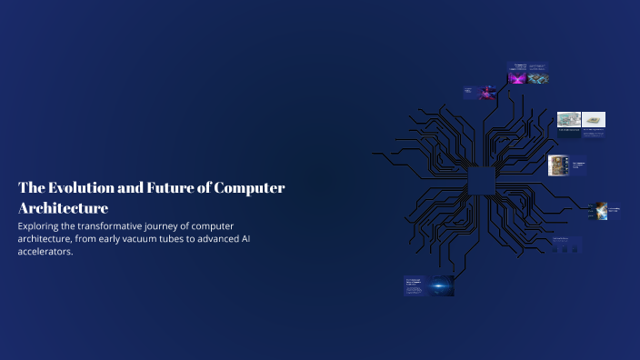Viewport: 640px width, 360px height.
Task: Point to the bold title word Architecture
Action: coord(63,209)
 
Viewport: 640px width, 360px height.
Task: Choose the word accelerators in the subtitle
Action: coord(45,252)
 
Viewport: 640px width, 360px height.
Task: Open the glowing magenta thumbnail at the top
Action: coord(517,78)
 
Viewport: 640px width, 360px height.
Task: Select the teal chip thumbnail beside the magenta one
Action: coord(539,78)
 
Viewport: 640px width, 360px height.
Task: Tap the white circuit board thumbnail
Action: coord(568,119)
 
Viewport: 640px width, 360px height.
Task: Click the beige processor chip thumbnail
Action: coord(594,119)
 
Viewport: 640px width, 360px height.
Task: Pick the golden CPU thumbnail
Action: coord(556,165)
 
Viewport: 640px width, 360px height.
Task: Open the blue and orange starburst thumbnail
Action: coord(600,211)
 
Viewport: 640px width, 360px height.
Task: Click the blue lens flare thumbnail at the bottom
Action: coord(442,285)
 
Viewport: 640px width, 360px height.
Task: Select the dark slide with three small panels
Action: coord(568,245)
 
